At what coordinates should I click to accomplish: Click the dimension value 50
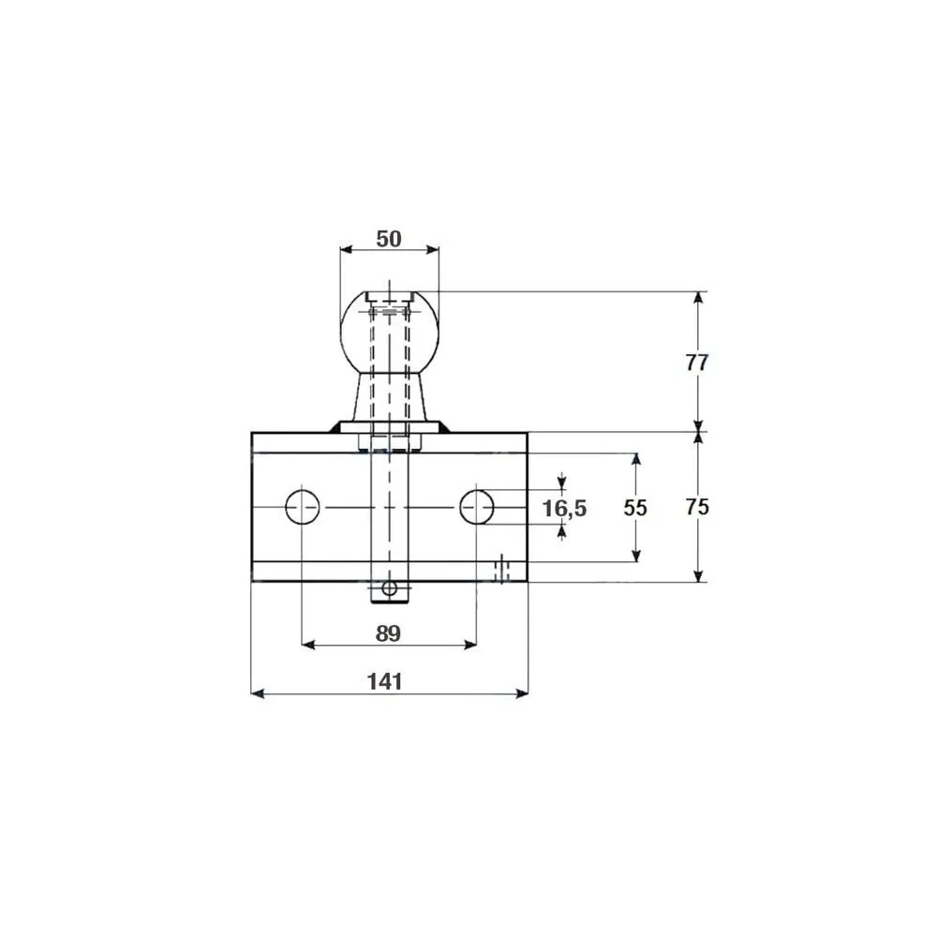tap(389, 239)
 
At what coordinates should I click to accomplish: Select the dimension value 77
tap(697, 363)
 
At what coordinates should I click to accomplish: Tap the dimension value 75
tap(697, 507)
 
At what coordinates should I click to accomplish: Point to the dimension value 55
tap(634, 508)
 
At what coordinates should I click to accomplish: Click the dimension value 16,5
tap(564, 509)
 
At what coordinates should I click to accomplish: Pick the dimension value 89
tap(388, 633)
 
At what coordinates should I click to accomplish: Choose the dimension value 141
tap(384, 681)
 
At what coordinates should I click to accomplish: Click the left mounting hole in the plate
tap(303, 507)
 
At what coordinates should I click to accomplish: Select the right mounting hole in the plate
tap(477, 507)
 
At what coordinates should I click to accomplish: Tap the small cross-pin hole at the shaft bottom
tap(389, 588)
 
